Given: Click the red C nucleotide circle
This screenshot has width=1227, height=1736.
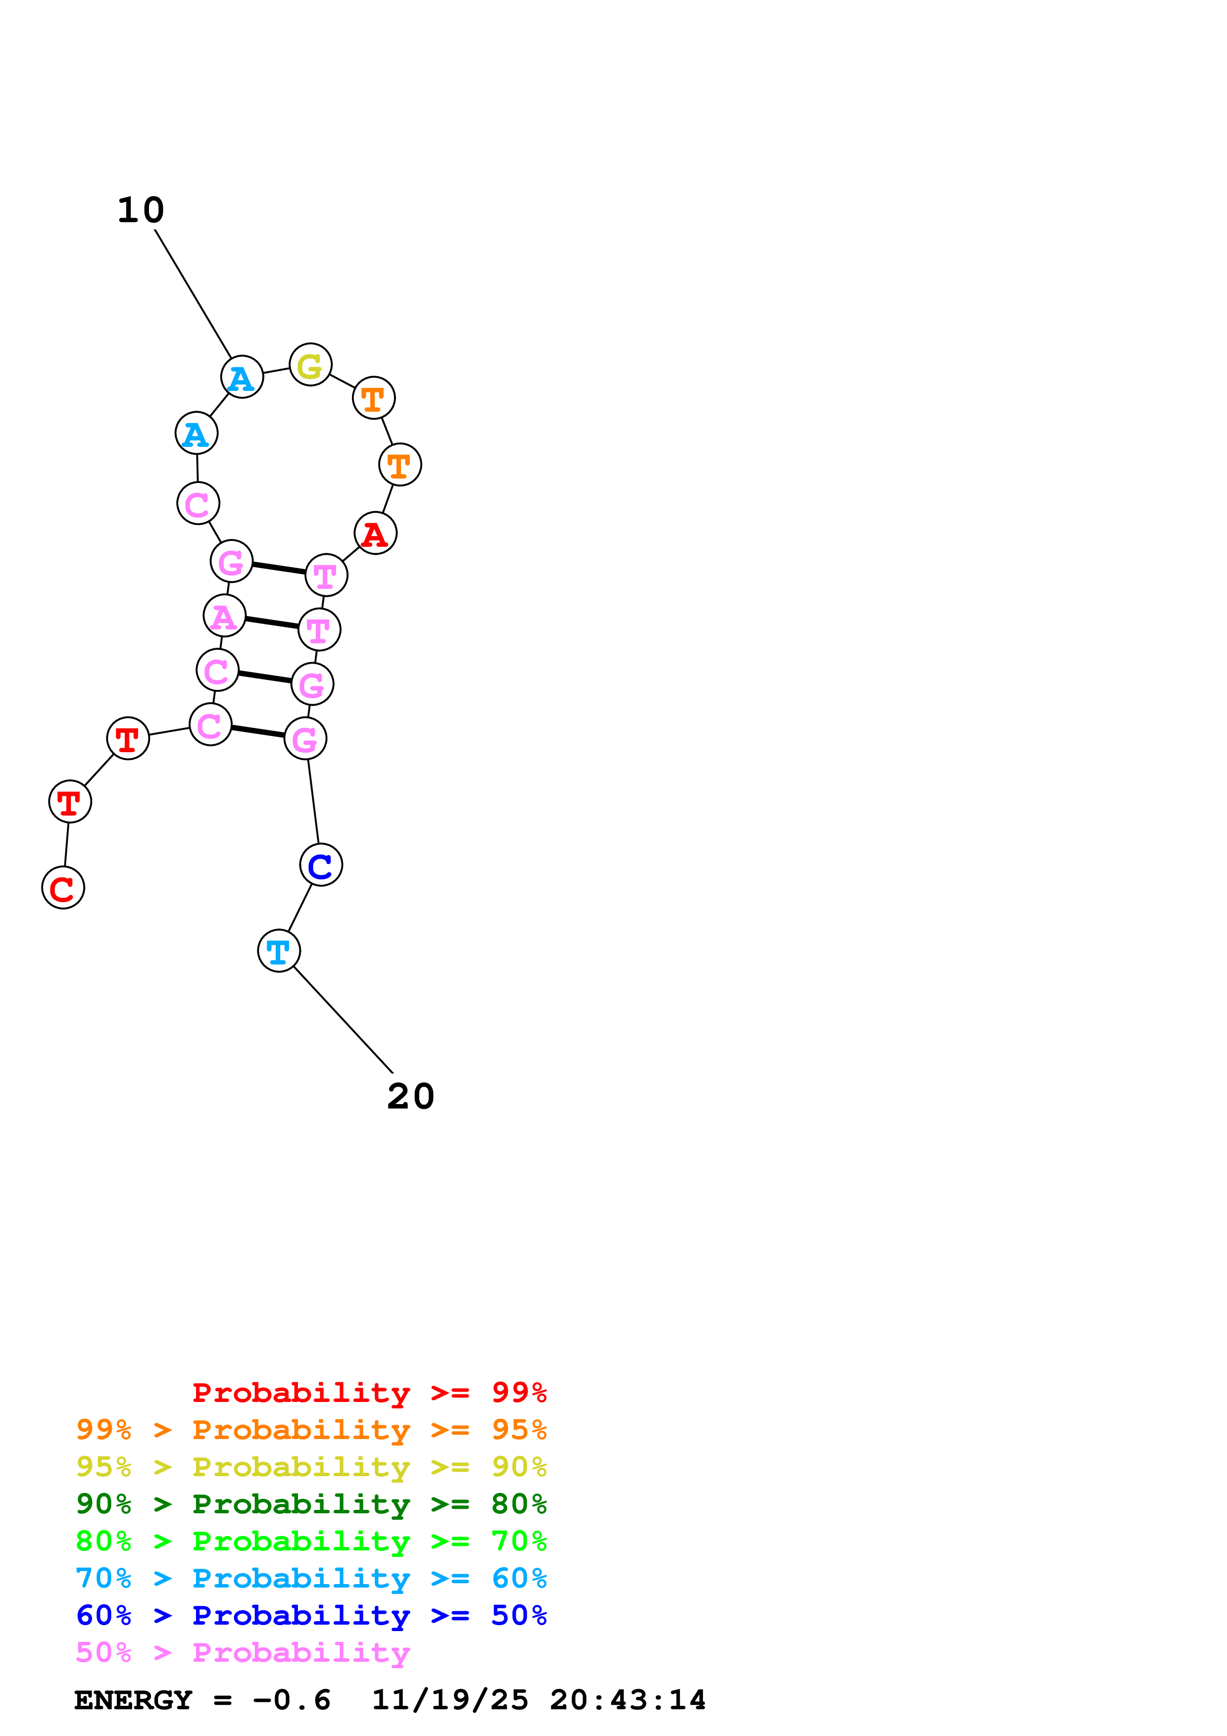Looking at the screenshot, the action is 63,888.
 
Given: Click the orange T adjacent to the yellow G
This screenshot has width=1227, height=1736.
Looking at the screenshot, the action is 374,398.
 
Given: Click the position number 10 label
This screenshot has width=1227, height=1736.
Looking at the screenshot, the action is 141,210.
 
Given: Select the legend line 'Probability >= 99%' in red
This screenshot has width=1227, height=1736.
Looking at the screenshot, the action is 369,1392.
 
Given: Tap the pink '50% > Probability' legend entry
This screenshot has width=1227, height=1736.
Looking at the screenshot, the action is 242,1652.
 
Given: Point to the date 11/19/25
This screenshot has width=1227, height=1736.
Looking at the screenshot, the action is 450,1700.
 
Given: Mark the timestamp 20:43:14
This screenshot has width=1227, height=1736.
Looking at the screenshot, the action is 628,1700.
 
